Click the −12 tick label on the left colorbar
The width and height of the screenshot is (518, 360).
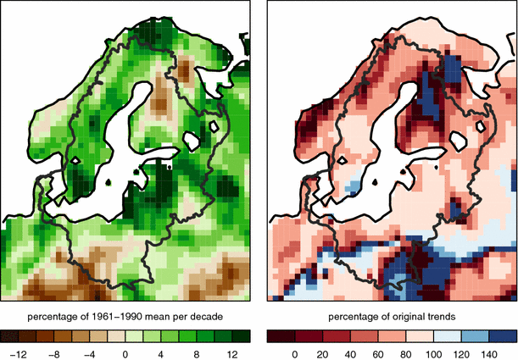pyautogui.click(x=22, y=352)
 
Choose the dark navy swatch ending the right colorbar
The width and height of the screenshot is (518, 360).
pyautogui.click(x=506, y=335)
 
